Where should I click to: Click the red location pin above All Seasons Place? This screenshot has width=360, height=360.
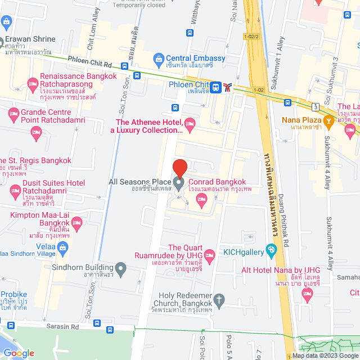(179, 169)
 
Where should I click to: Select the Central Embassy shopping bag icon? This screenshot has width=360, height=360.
(159, 58)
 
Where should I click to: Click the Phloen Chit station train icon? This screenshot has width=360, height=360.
(216, 87)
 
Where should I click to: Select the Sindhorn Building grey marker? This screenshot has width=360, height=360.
(120, 268)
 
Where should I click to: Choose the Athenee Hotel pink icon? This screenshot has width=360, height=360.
(190, 123)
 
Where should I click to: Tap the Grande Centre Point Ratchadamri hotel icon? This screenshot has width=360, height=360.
(13, 115)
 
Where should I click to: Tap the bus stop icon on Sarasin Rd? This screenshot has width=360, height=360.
(97, 324)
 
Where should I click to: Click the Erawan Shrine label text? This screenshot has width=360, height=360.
(31, 39)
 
